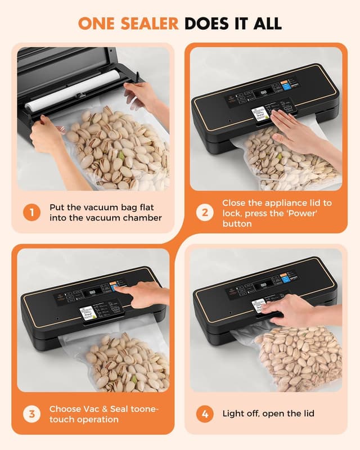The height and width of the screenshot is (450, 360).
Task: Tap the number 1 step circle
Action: (31, 213)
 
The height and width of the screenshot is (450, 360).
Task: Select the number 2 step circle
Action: (204, 213)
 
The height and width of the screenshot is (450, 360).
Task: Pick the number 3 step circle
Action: (31, 414)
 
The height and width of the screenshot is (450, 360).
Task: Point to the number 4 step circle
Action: (204, 414)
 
